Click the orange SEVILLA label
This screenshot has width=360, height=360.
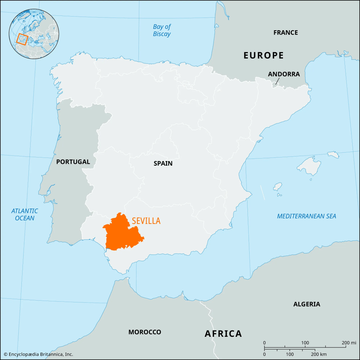click(146, 221)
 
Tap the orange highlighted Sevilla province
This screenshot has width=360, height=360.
click(121, 234)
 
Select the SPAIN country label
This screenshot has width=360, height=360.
click(163, 163)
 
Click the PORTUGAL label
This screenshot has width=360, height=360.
click(73, 162)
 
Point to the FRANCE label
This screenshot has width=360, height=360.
click(285, 33)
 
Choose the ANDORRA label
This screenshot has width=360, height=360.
click(284, 74)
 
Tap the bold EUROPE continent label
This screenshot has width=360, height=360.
click(264, 55)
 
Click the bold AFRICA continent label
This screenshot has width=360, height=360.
click(223, 334)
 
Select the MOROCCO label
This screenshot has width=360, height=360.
click(144, 332)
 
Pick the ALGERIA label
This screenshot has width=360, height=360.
click(307, 304)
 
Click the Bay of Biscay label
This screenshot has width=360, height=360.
click(162, 30)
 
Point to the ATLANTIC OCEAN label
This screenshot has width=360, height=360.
click(25, 214)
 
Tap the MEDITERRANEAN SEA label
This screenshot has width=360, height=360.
click(306, 216)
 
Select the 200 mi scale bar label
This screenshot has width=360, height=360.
click(348, 343)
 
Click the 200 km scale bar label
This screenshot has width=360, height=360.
click(319, 354)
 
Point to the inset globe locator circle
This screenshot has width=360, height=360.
click(34, 34)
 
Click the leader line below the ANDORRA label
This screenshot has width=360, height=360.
click(277, 82)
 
